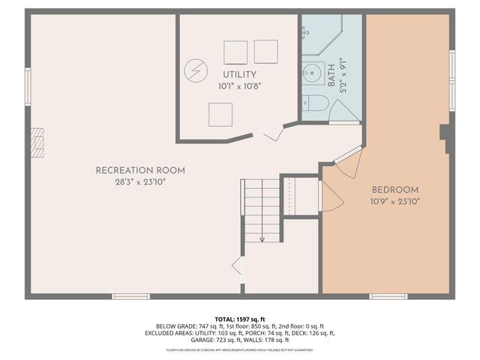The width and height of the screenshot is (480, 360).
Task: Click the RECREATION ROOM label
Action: [140, 170]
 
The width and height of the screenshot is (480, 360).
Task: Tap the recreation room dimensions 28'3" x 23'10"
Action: [140, 181]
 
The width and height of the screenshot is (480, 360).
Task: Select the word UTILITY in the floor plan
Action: [238, 75]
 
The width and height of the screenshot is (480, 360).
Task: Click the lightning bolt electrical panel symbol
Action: [195, 70]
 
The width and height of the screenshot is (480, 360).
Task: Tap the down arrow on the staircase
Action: [262, 238]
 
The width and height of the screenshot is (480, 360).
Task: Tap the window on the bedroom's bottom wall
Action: [388, 296]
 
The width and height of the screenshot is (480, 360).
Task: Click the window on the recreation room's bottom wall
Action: [131, 296]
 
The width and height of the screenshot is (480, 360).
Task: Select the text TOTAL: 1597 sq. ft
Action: [240, 319]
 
